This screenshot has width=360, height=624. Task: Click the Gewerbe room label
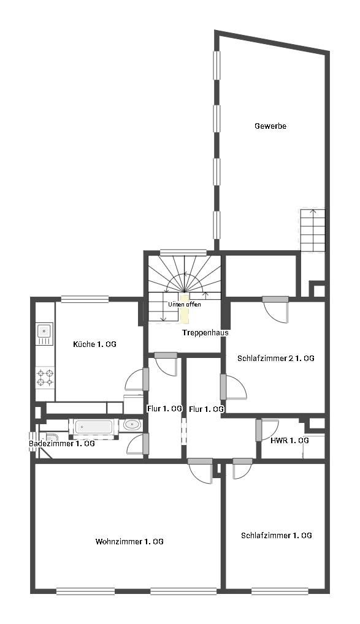270,126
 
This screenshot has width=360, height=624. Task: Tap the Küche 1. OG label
94,344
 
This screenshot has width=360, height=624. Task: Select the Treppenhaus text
205,333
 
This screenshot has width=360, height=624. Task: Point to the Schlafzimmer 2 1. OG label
275,358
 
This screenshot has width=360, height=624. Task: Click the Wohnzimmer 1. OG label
129,542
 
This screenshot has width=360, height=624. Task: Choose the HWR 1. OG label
289,441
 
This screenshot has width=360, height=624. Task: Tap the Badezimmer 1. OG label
62,443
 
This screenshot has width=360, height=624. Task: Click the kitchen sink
44,333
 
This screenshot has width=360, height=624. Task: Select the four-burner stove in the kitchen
45,378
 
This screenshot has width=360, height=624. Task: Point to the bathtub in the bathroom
94,427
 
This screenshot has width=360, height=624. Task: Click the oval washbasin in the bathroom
131,425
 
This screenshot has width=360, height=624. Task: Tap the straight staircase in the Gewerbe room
313,230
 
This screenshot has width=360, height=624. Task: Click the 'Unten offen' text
185,305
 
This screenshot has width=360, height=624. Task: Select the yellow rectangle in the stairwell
185,309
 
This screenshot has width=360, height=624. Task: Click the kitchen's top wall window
85,299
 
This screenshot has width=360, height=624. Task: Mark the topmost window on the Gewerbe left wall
216,65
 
